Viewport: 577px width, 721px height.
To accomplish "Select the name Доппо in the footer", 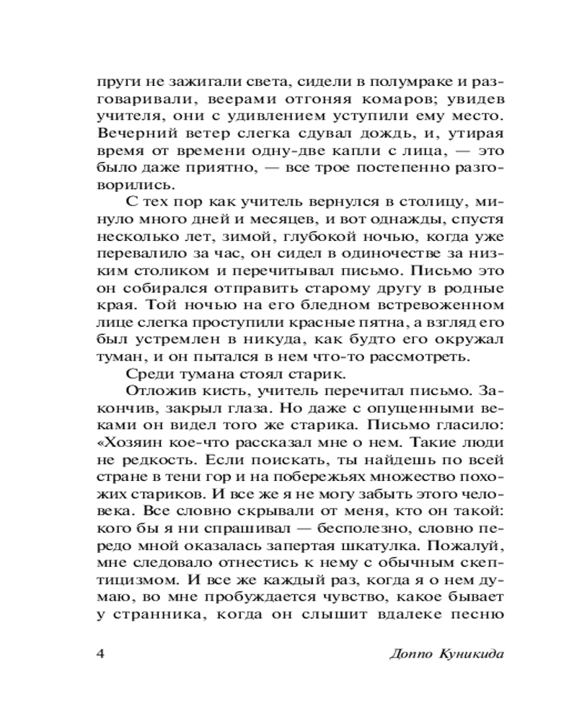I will click(410, 655).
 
